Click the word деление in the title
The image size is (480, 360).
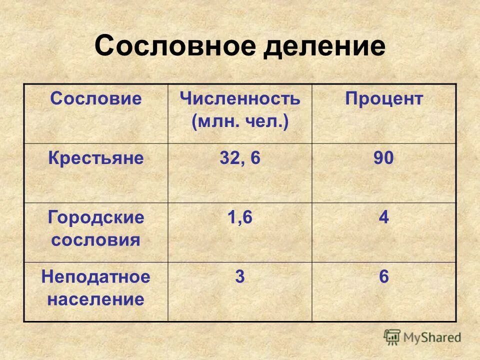tap(324, 46)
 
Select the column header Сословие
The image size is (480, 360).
tap(96, 98)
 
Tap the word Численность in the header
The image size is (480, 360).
tap(240, 98)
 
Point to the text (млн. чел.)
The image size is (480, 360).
tap(240, 121)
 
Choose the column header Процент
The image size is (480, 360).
tap(383, 98)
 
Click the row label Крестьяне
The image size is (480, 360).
tap(96, 158)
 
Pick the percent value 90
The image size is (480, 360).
tap(383, 158)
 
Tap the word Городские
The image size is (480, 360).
tap(96, 217)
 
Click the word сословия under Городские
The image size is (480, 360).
tap(96, 240)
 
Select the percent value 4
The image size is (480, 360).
tap(383, 218)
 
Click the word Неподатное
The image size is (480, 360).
tap(96, 277)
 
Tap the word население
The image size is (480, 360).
tap(96, 299)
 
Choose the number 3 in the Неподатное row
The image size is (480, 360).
tap(240, 277)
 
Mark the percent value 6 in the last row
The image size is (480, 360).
tap(383, 277)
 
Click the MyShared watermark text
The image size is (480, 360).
tap(432, 337)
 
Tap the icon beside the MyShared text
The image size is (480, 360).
tap(392, 337)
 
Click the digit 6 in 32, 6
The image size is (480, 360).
tap(255, 158)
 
